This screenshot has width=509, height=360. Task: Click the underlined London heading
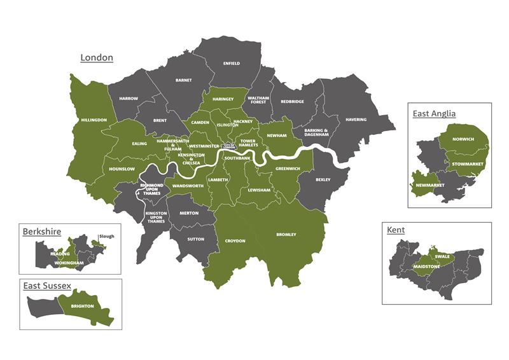pyautogui.click(x=97, y=58)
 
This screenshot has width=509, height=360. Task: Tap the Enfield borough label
pyautogui.click(x=232, y=64)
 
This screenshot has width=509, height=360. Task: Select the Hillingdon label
pyautogui.click(x=94, y=120)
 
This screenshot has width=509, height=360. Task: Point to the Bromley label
pyautogui.click(x=286, y=235)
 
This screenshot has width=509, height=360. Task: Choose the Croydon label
pyautogui.click(x=235, y=241)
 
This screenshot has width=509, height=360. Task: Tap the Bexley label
pyautogui.click(x=323, y=180)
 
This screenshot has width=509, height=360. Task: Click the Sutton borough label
pyautogui.click(x=196, y=239)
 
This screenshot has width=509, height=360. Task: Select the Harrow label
pyautogui.click(x=128, y=99)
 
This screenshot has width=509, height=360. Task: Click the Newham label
pyautogui.click(x=277, y=135)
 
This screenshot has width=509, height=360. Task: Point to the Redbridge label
pyautogui.click(x=293, y=101)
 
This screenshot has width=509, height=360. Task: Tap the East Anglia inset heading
pyautogui.click(x=434, y=114)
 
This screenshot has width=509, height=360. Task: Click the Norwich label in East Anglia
pyautogui.click(x=463, y=139)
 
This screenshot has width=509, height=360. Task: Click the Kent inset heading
pyautogui.click(x=395, y=230)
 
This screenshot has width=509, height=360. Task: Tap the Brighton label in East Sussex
pyautogui.click(x=83, y=306)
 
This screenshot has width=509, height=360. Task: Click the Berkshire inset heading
pyautogui.click(x=41, y=232)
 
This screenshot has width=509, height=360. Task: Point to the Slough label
pyautogui.click(x=106, y=236)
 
